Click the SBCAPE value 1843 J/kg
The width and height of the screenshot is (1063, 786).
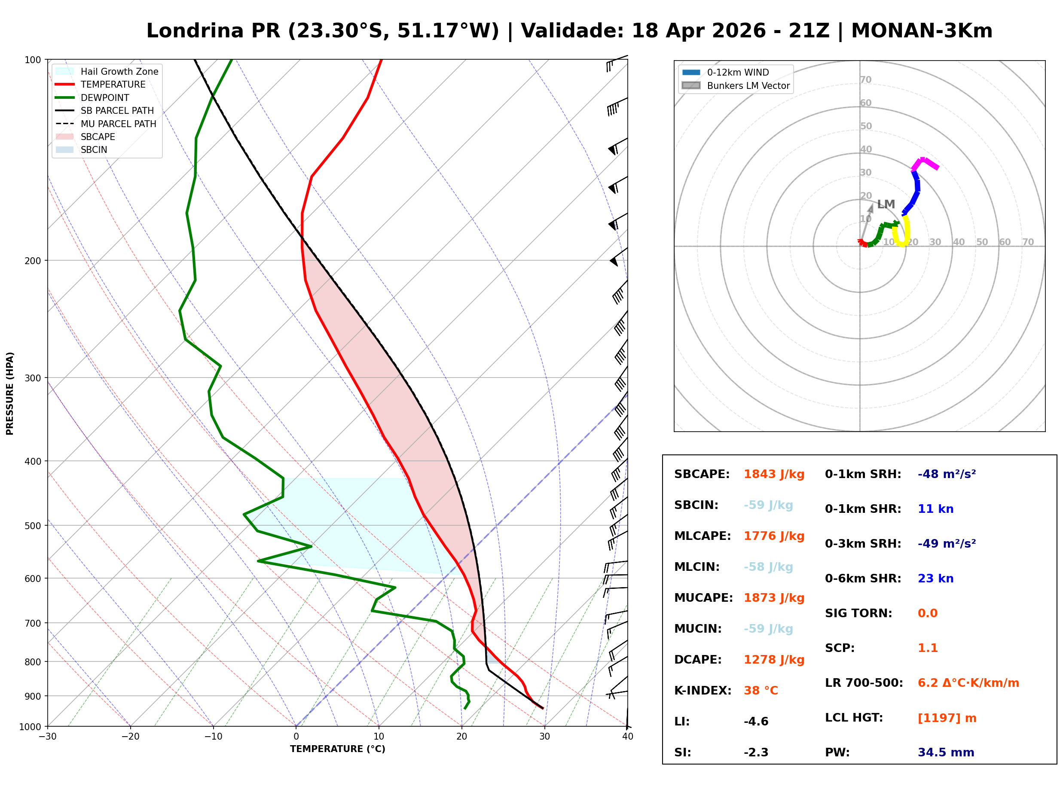[774, 474]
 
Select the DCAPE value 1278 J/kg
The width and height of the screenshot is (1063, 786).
[774, 660]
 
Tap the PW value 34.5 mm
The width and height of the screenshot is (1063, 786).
[945, 752]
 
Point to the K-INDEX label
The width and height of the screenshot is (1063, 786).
[703, 691]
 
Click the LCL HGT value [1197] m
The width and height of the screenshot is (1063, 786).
[947, 718]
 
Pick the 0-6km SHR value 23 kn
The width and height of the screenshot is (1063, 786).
[935, 579]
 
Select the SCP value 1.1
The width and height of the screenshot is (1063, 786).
[927, 648]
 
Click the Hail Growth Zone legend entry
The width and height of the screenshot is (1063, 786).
[119, 71]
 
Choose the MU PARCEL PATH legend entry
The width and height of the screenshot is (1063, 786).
[118, 124]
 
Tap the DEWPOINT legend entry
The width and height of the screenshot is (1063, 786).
[105, 97]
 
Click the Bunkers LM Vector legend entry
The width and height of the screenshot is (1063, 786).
[748, 85]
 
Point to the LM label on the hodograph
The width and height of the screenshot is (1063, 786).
[886, 204]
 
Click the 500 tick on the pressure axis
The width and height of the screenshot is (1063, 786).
[32, 526]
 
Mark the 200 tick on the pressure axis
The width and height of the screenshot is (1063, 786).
[32, 261]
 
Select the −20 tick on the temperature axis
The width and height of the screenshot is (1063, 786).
[130, 737]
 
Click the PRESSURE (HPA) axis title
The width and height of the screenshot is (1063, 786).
[9, 393]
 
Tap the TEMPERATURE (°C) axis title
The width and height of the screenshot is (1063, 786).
[337, 749]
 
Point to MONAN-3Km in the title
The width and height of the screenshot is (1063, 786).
[922, 31]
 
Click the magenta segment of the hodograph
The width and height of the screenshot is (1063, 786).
[925, 163]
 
